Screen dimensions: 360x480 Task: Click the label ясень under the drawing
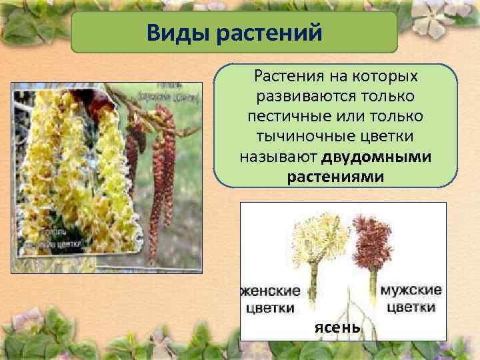point(338,328)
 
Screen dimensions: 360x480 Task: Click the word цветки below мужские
point(411,307)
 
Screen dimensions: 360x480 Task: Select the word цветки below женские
point(268,307)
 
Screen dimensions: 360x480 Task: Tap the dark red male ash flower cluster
point(375,237)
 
